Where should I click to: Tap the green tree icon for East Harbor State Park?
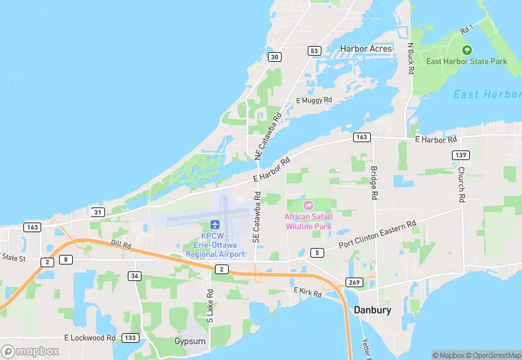click(x=466, y=49)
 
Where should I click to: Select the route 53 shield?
click(x=314, y=51)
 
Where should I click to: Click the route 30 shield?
click(x=275, y=57)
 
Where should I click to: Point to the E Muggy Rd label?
click(x=314, y=100)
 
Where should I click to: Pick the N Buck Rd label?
click(x=411, y=56)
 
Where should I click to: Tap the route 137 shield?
click(x=460, y=155)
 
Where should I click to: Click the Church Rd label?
click(x=462, y=184)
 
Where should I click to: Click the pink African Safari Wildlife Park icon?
click(x=308, y=205)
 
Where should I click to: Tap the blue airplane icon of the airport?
click(x=215, y=225)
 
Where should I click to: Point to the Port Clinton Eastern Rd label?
click(x=377, y=235)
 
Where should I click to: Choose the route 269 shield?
click(x=354, y=282)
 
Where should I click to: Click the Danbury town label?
click(x=372, y=310)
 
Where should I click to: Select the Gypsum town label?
click(x=190, y=341)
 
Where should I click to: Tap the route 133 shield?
click(x=129, y=338)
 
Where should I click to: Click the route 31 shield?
click(x=98, y=212)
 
